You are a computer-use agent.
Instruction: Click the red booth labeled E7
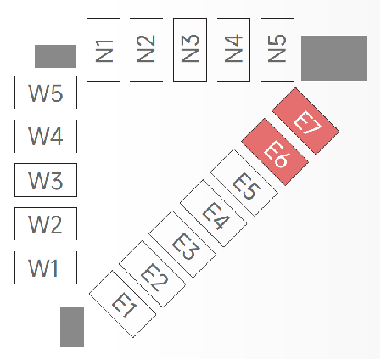(x=305, y=121)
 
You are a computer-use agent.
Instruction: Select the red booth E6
(x=275, y=152)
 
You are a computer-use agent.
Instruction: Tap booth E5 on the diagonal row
(x=244, y=183)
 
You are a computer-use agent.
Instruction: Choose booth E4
(x=213, y=213)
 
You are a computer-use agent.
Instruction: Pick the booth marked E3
(x=182, y=244)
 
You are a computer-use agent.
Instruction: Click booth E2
(x=152, y=274)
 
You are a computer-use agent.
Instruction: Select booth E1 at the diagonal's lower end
(x=122, y=304)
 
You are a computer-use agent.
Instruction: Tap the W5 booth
(x=46, y=93)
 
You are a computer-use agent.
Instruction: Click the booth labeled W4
(x=46, y=136)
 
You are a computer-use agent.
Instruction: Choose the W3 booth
(x=46, y=180)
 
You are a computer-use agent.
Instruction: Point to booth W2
(x=46, y=223)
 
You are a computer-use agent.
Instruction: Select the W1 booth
(x=46, y=267)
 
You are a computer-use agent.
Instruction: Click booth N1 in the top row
(x=104, y=49)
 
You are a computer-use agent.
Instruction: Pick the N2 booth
(x=147, y=49)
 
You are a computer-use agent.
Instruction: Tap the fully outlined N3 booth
(x=190, y=49)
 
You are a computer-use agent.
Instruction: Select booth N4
(x=233, y=49)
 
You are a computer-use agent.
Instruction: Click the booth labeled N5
(x=277, y=49)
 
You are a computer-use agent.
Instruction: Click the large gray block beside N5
(x=333, y=58)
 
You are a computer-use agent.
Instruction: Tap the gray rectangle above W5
(x=55, y=56)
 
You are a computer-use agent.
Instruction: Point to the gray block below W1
(x=72, y=327)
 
